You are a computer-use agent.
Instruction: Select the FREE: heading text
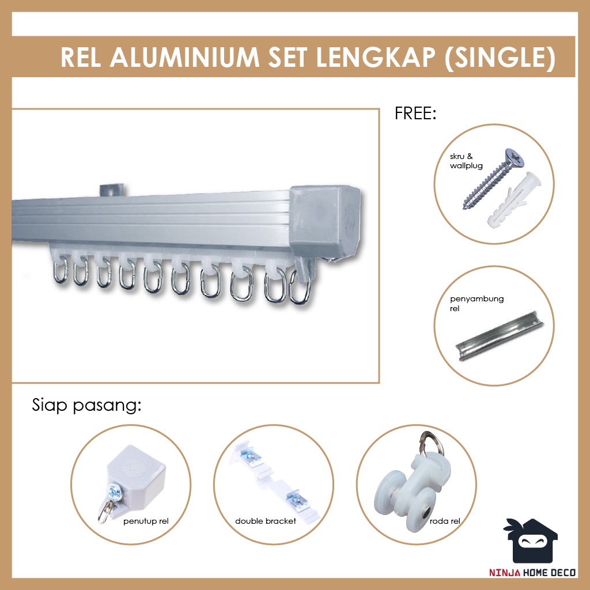click(x=415, y=113)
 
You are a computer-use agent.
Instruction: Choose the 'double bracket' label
click(x=266, y=521)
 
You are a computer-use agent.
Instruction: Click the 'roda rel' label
click(x=444, y=521)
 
